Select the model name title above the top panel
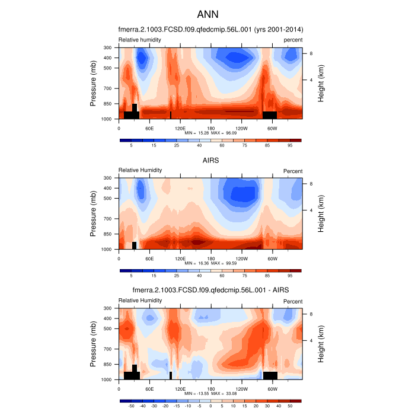pos(210,29)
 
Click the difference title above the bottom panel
pos(210,289)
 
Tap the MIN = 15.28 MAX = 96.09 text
pos(210,132)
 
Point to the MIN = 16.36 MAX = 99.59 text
pos(210,263)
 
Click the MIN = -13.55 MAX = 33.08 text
pos(210,393)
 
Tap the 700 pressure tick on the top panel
pos(107,88)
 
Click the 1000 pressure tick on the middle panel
pos(106,250)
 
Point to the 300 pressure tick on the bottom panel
pos(107,308)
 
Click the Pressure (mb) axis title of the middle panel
pos(94,213)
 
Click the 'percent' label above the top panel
pos(293,40)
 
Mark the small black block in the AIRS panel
pos(135,245)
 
